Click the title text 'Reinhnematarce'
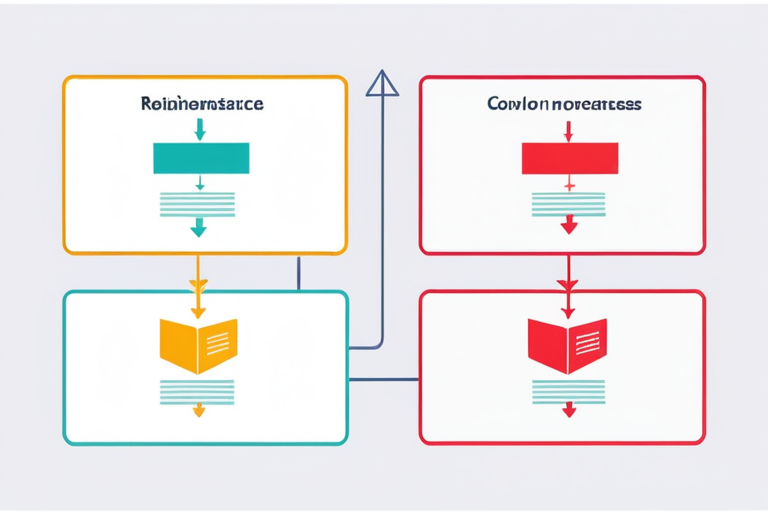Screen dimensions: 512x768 204,103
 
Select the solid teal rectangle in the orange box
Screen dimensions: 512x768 200,158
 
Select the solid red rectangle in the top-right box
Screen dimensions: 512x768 570,158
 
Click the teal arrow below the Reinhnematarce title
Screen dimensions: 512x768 200,129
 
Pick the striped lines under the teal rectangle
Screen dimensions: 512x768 198,204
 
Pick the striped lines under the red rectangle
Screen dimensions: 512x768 568,204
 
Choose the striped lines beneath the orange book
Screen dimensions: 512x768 198,392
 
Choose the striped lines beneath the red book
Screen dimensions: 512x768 568,392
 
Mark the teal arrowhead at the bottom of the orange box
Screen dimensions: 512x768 198,229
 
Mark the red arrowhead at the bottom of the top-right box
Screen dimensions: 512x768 569,227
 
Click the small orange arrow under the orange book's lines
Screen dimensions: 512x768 198,410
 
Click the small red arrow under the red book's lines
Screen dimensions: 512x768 569,410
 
